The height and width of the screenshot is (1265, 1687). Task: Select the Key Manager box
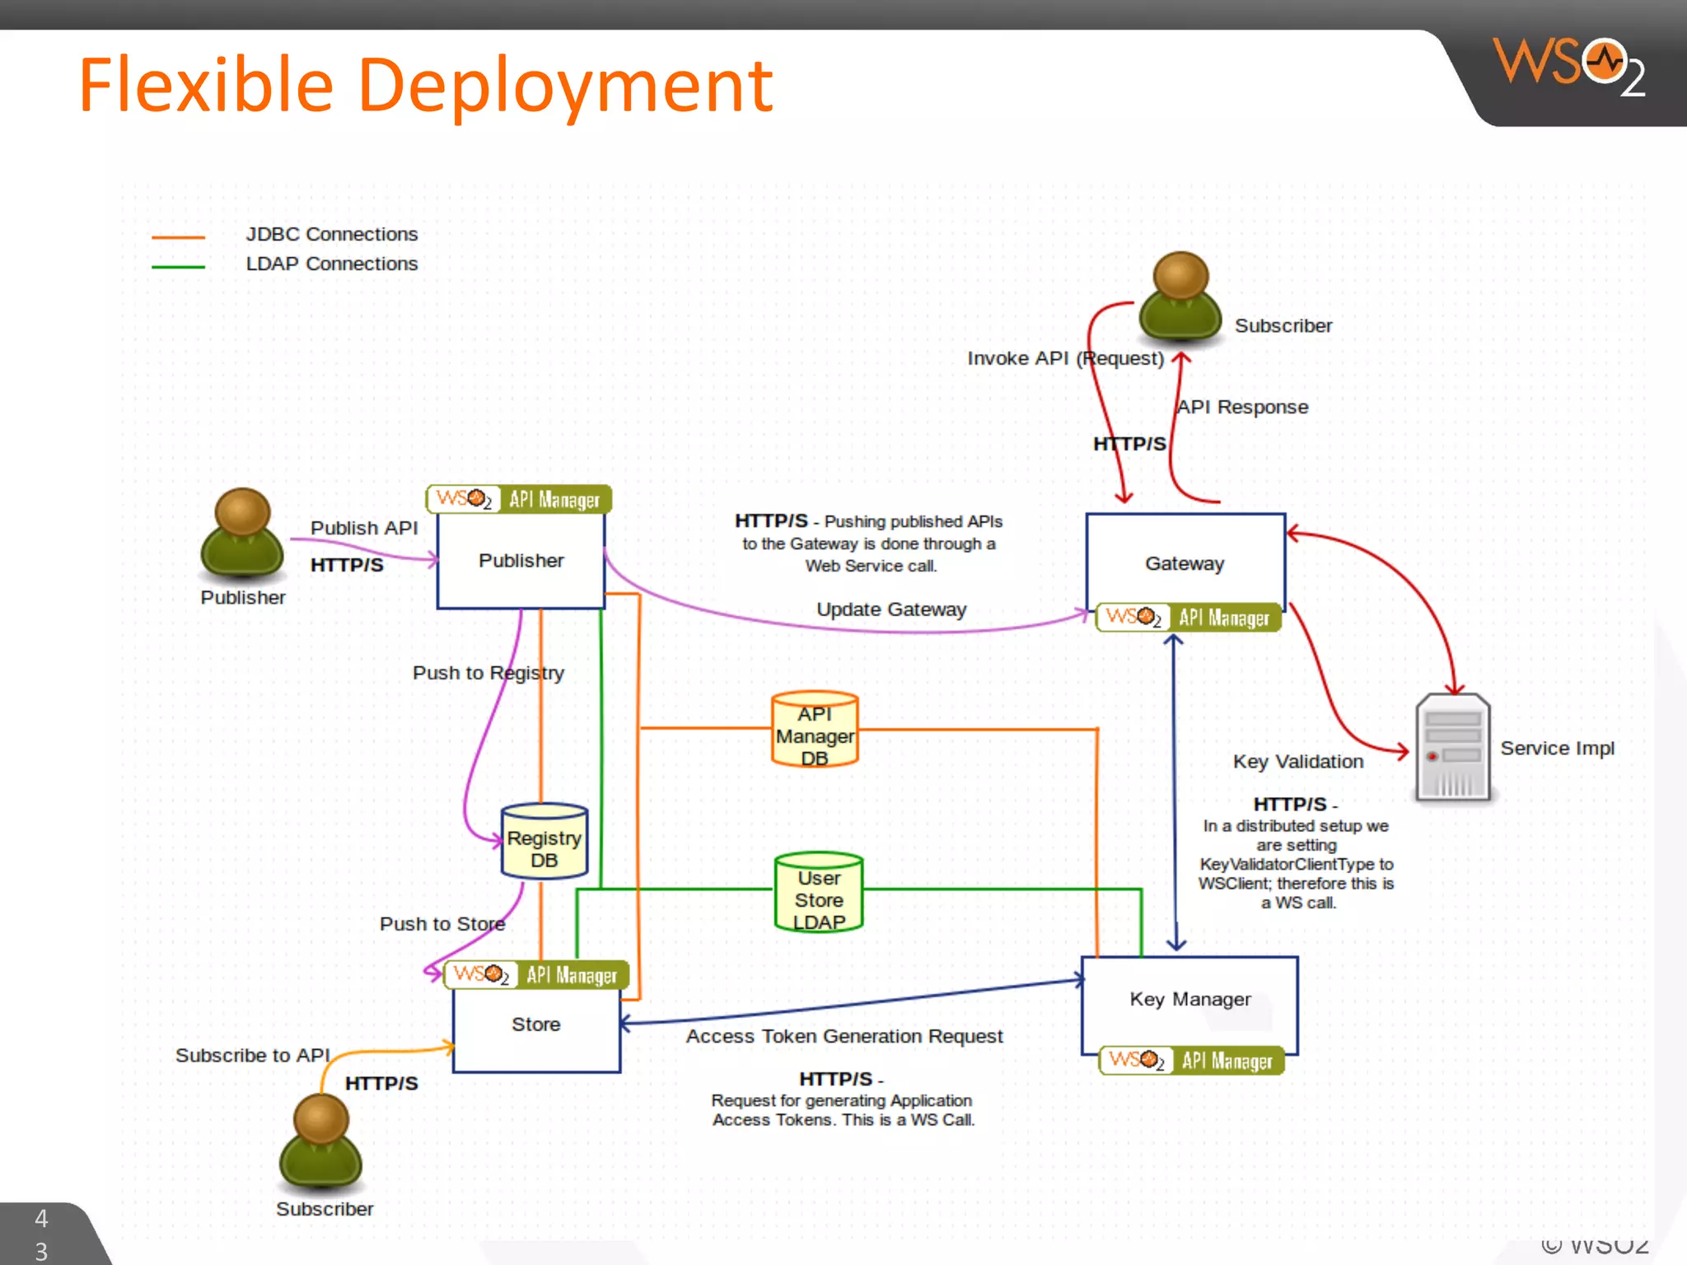pyautogui.click(x=1189, y=1000)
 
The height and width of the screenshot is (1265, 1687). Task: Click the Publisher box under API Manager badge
pyautogui.click(x=521, y=561)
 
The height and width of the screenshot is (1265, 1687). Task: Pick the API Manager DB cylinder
pyautogui.click(x=815, y=731)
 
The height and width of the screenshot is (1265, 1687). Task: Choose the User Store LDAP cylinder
pyautogui.click(x=819, y=894)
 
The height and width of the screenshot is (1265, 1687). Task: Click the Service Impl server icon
pyautogui.click(x=1452, y=749)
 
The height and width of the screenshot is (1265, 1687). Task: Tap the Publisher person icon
pyautogui.click(x=242, y=532)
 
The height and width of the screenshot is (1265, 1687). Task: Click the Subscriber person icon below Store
pyautogui.click(x=320, y=1141)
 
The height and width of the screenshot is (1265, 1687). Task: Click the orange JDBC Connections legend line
pyautogui.click(x=178, y=237)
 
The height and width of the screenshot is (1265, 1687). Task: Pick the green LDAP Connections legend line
pyautogui.click(x=178, y=267)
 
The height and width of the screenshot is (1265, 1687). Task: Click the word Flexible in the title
pyautogui.click(x=206, y=85)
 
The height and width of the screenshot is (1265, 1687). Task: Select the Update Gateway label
pyautogui.click(x=891, y=609)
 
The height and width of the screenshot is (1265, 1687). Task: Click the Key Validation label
pyautogui.click(x=1297, y=762)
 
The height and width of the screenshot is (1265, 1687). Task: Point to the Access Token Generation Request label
pyautogui.click(x=844, y=1036)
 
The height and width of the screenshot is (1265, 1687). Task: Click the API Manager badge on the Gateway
pyautogui.click(x=1189, y=618)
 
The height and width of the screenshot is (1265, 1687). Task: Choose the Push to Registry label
pyautogui.click(x=488, y=673)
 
